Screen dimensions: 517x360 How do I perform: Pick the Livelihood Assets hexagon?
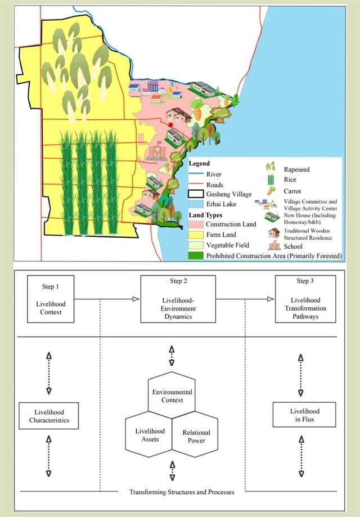point(148,436)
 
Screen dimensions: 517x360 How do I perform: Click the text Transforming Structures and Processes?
point(182,492)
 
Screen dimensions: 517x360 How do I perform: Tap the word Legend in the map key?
point(199,164)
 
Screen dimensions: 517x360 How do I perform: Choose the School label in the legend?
point(293,246)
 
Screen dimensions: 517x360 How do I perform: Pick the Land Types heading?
point(206,215)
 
